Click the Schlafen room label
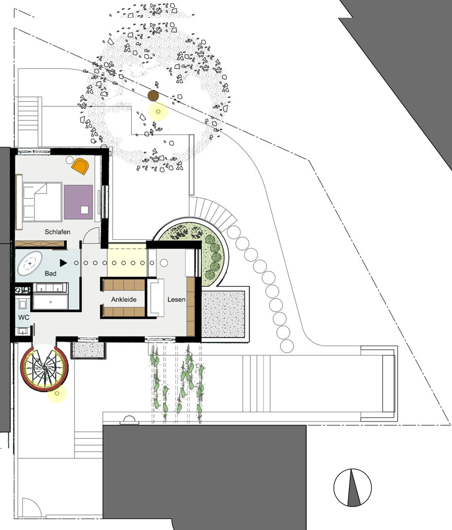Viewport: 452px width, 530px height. (57, 232)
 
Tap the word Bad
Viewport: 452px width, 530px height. (51, 274)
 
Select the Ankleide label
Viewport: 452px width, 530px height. (124, 300)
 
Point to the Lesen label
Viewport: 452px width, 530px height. (176, 300)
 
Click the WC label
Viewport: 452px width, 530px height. (23, 317)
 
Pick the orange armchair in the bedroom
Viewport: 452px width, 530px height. (80, 166)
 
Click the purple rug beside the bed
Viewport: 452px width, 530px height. (78, 202)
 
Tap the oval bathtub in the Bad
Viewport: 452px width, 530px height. (30, 263)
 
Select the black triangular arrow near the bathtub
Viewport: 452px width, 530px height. (63, 263)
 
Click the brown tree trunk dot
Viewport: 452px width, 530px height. (153, 96)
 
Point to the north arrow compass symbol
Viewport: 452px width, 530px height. (352, 488)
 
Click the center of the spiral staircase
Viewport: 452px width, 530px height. (44, 367)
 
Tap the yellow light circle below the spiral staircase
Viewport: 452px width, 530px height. (57, 393)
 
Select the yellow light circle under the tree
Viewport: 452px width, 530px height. (158, 111)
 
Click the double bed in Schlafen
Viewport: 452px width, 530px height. (42, 202)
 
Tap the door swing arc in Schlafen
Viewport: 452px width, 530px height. (91, 235)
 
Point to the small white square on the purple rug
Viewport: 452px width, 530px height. (84, 210)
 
